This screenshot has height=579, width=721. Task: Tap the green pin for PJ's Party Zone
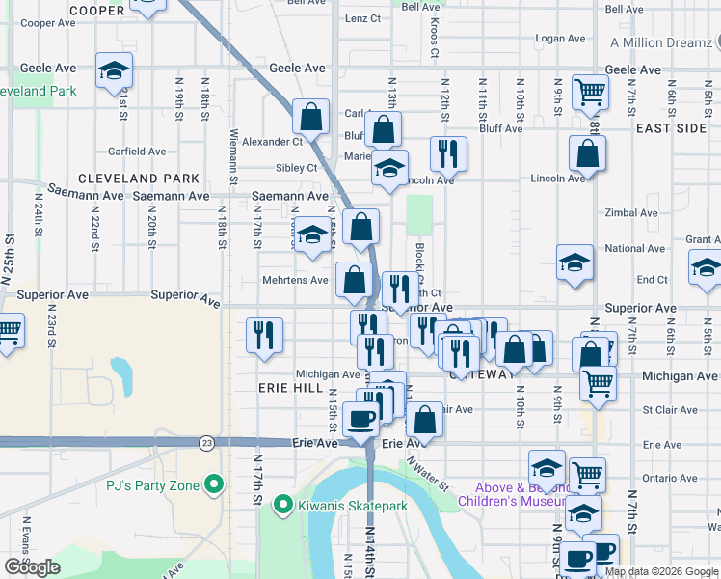[214, 483]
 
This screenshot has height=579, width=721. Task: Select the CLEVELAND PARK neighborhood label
[139, 179]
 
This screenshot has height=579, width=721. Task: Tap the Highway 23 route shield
[206, 442]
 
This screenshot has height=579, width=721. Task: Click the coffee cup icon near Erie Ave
[361, 420]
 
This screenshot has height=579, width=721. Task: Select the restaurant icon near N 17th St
[264, 335]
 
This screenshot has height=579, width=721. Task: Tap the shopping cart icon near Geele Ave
[590, 93]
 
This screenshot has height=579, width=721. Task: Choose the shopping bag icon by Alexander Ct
[311, 117]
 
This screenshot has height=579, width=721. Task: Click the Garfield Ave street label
[137, 152]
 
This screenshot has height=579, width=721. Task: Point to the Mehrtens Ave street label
[297, 282]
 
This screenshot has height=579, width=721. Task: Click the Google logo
[32, 567]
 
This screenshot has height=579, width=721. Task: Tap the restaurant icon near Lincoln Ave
[448, 152]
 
